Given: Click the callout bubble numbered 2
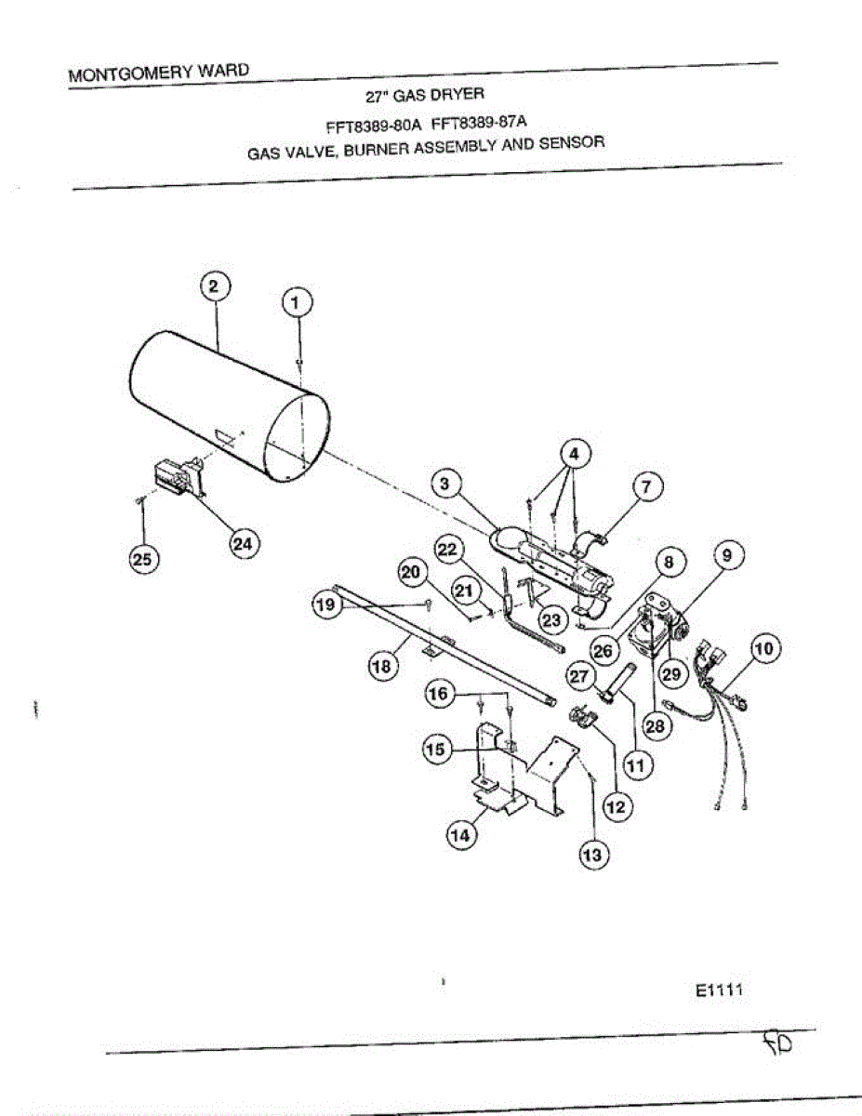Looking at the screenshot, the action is pyautogui.click(x=213, y=286).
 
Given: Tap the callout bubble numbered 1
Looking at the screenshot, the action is pyautogui.click(x=297, y=302).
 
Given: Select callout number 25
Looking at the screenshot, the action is pyautogui.click(x=143, y=558).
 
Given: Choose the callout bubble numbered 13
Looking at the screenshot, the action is pyautogui.click(x=592, y=856).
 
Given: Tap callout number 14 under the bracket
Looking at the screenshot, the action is pyautogui.click(x=459, y=835).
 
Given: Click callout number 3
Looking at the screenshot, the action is pyautogui.click(x=445, y=484).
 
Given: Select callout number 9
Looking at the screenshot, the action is pyautogui.click(x=728, y=555).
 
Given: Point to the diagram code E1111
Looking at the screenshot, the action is pyautogui.click(x=717, y=990).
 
